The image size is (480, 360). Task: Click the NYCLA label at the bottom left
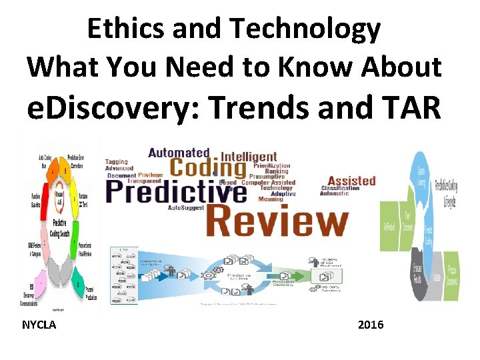pos(39,325)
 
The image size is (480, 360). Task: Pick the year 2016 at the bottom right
pos(371,325)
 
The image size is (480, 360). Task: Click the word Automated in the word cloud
pos(179,153)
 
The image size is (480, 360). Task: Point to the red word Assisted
pos(351,180)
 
